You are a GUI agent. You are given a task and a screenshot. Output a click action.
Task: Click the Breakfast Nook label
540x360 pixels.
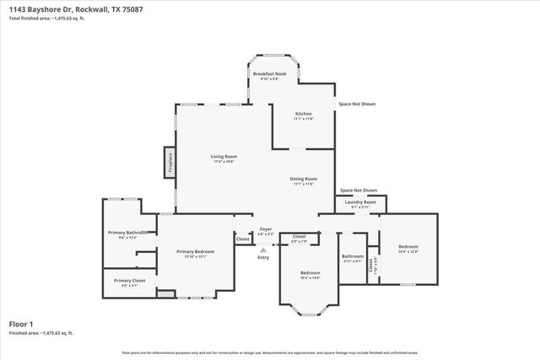269,74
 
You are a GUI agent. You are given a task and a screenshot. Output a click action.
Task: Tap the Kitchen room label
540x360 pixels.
303,113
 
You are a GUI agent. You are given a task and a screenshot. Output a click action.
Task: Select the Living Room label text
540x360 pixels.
224,156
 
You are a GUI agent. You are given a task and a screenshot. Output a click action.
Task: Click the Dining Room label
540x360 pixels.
304,179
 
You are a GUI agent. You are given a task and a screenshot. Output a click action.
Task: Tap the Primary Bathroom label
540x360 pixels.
128,232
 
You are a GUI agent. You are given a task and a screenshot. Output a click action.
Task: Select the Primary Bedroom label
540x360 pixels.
195,251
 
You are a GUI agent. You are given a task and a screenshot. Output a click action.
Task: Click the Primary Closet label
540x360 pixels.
130,280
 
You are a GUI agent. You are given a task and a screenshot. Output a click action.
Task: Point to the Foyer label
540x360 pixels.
265,228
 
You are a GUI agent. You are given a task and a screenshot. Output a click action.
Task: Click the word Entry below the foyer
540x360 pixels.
264,257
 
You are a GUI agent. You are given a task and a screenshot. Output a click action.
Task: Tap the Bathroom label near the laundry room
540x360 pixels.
353,256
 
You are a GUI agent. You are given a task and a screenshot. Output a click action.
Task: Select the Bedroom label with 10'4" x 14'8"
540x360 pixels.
310,272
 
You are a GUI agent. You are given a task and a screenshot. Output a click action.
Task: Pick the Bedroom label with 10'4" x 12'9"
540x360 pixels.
408,246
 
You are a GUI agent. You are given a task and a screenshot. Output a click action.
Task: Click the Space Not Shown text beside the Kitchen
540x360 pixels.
357,104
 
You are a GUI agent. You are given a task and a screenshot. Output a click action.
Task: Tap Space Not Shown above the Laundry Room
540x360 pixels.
359,191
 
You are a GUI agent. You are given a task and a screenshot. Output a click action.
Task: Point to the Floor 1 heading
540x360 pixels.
21,324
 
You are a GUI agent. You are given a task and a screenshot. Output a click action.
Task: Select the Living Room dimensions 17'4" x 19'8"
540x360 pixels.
224,162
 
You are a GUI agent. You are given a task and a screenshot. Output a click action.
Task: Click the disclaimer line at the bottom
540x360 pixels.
270,352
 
